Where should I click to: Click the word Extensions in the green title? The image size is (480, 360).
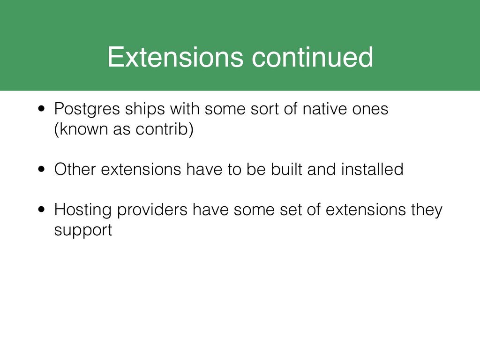coord(175,57)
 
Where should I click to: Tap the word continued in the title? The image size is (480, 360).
coord(312,57)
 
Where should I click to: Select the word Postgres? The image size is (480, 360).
coord(87,109)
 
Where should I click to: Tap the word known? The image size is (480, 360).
coord(82,128)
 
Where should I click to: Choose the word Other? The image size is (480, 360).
coord(75,169)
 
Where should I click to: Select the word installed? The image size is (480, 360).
coord(372,169)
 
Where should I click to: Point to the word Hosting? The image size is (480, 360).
coord(82,210)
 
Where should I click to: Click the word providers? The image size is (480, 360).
coord(152,210)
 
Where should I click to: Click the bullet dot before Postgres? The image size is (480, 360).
coord(42,109)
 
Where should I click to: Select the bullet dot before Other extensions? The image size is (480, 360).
coord(42,169)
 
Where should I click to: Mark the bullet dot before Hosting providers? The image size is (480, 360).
coord(42,210)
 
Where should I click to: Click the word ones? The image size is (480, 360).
coord(370,109)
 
